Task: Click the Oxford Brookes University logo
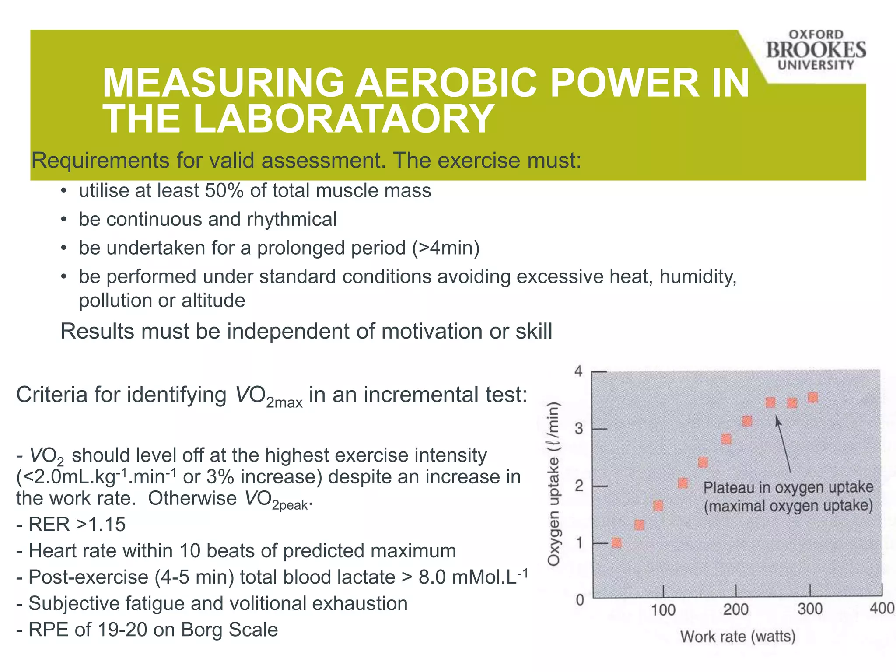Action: point(815,50)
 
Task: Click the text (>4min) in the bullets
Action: point(445,248)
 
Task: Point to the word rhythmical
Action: point(292,219)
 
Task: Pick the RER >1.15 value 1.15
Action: point(107,524)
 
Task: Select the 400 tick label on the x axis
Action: point(882,609)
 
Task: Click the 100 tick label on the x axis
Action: point(663,609)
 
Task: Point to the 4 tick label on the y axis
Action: point(579,371)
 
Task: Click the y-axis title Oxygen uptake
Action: point(554,483)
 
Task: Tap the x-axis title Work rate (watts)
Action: point(738,636)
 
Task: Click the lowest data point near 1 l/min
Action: point(616,543)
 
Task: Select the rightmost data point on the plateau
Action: point(813,398)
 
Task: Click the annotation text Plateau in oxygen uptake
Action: point(788,487)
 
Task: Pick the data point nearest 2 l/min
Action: point(683,483)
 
